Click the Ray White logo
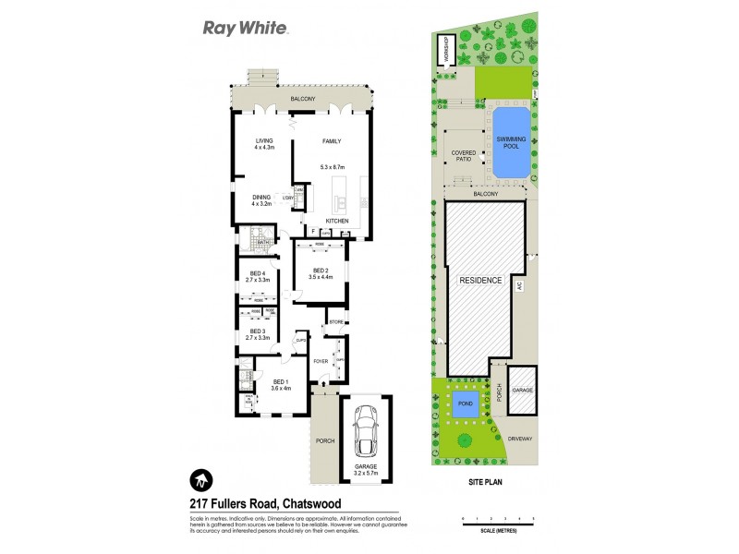(x=247, y=28)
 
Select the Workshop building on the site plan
(x=445, y=50)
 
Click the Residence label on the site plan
(x=477, y=280)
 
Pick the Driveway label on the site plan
(x=519, y=439)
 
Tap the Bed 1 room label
(x=281, y=384)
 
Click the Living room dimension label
(x=265, y=145)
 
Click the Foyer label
(x=321, y=361)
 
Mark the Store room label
(x=335, y=323)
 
